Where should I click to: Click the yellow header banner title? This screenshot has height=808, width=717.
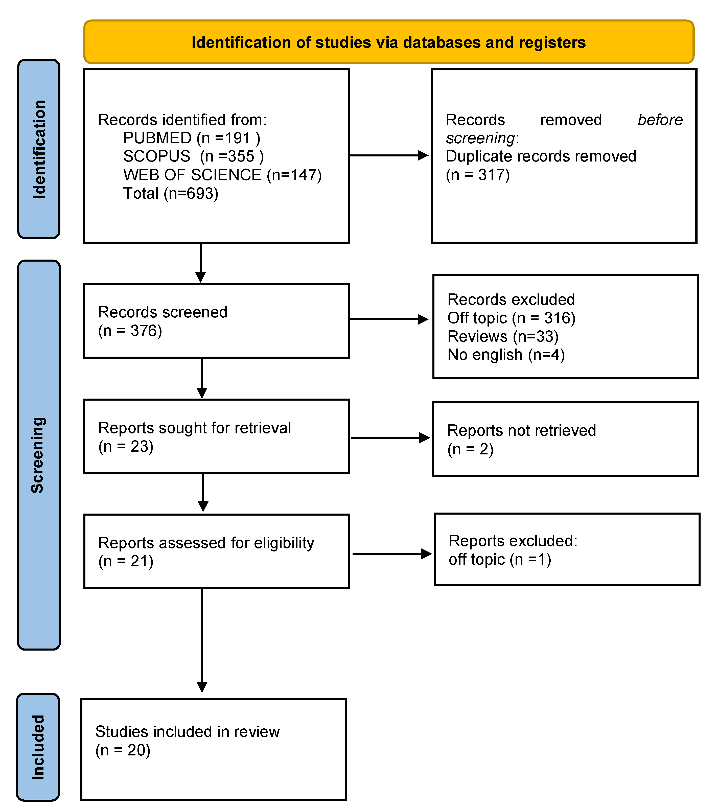(388, 42)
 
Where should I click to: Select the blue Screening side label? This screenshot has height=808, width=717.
(38, 455)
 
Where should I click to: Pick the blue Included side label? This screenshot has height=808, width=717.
(38, 747)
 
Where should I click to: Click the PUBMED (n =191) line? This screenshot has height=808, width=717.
(192, 138)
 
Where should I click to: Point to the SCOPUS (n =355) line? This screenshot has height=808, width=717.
(193, 156)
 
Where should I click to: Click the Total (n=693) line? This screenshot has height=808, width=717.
(171, 193)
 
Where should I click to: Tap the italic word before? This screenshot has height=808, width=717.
(660, 120)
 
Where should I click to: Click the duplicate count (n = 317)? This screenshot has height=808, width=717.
(477, 175)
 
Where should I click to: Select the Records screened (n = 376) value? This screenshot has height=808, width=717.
(130, 331)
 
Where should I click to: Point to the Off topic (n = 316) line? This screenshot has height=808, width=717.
(511, 318)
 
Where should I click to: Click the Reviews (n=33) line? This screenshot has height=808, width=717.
(503, 336)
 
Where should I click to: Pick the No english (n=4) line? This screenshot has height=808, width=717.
(506, 355)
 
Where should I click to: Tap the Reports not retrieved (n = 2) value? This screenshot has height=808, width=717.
(470, 449)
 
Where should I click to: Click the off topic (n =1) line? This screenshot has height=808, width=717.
(500, 559)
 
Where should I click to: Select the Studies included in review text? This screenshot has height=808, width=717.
(187, 732)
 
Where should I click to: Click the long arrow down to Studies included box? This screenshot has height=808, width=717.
(202, 640)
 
